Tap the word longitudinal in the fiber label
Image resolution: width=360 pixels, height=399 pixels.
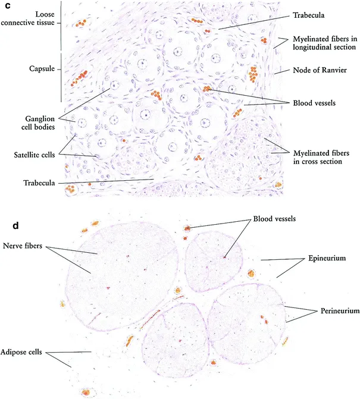pos(311,46)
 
